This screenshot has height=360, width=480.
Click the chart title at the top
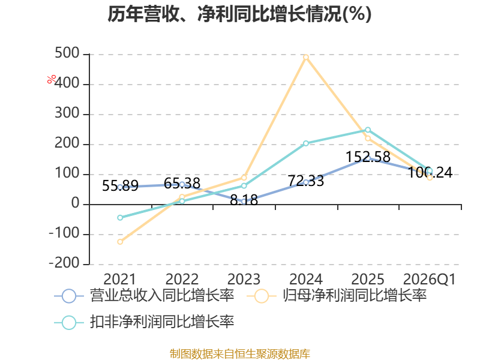click(239, 14)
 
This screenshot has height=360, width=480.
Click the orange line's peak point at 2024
click(306, 57)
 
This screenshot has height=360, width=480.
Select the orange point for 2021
click(120, 242)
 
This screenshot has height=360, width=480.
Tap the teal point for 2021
click(120, 218)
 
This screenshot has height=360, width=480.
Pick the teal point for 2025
click(368, 130)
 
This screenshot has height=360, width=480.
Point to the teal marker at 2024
click(306, 143)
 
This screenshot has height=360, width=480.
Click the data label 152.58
click(368, 157)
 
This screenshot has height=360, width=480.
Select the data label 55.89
click(120, 185)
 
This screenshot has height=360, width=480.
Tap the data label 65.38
click(182, 184)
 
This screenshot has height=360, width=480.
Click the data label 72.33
click(306, 181)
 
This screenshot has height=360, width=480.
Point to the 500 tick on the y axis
click(67, 53)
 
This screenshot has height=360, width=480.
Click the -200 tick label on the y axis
click(64, 263)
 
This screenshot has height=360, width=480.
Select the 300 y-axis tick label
click(67, 113)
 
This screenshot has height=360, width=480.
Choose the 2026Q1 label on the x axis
click(430, 279)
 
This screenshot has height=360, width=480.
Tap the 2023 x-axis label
click(244, 279)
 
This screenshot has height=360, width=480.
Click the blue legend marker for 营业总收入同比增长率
click(69, 296)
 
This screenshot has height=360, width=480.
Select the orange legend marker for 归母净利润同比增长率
click(262, 296)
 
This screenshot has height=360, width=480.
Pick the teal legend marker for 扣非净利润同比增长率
click(69, 322)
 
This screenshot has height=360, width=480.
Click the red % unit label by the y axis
click(52, 79)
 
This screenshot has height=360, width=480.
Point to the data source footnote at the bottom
click(240, 354)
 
